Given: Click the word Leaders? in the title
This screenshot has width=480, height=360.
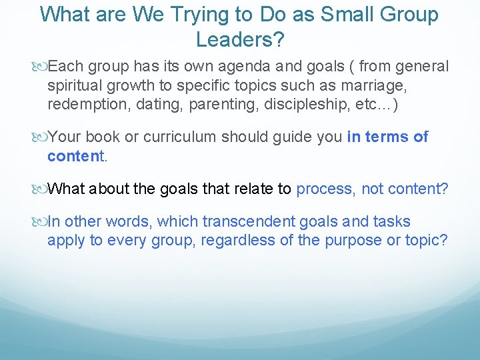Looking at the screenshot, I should coord(240,40).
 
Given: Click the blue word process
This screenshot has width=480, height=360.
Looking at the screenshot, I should coord(325,189).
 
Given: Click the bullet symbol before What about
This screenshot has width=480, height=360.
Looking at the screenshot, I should coord(41,189).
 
